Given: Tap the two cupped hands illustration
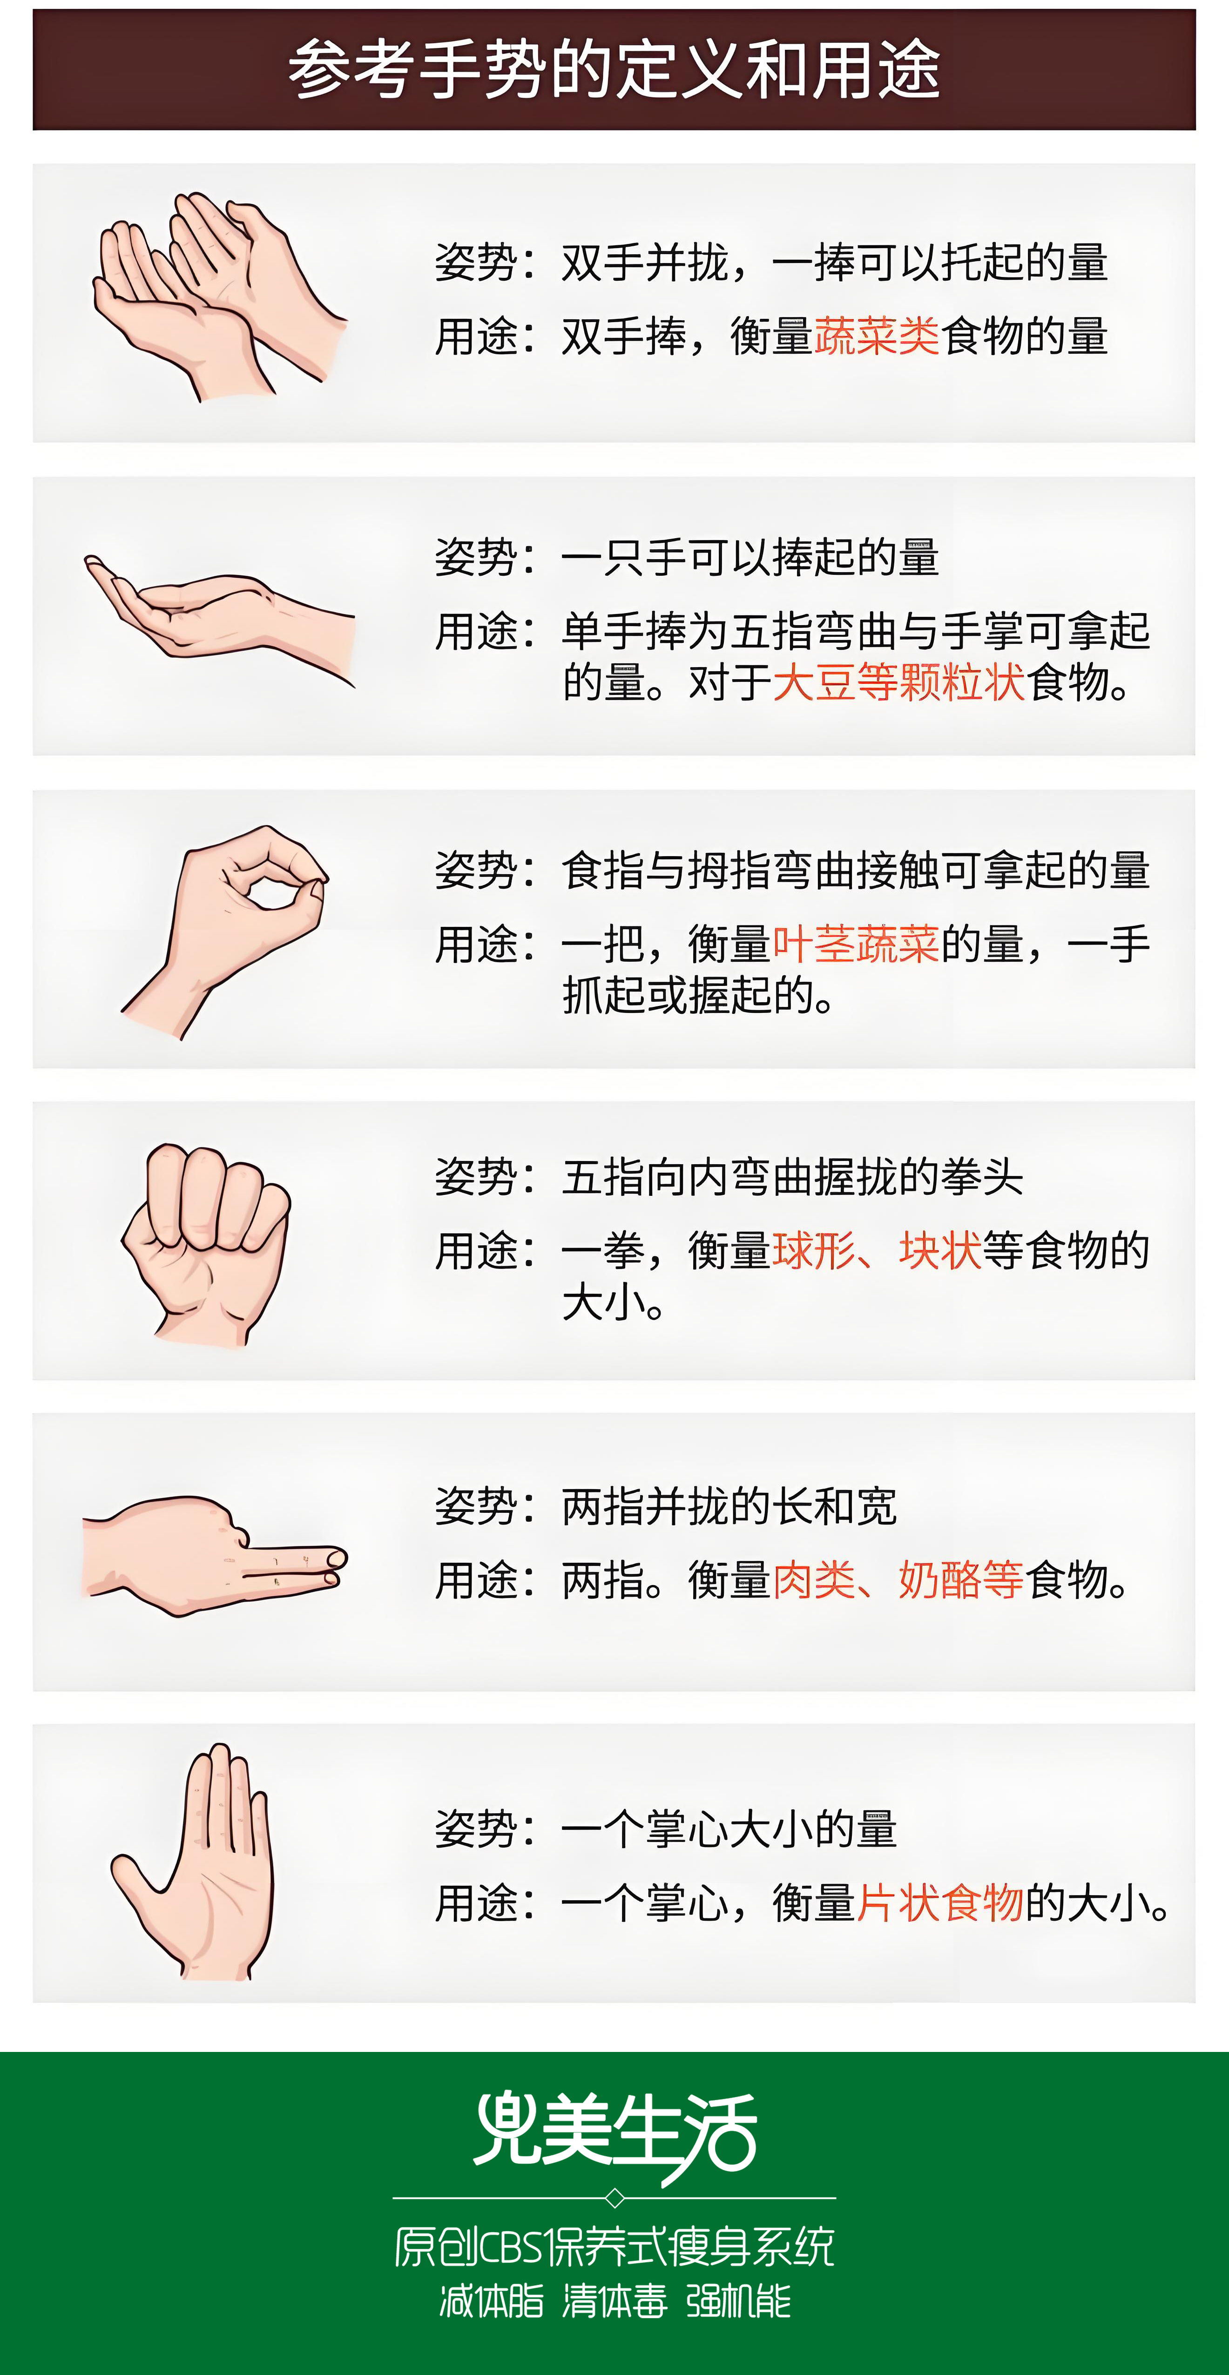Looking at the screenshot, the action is click(219, 297).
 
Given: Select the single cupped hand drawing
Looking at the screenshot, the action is click(219, 619).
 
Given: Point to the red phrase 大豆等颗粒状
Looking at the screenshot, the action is click(899, 682).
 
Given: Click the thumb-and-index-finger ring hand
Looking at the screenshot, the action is click(226, 932).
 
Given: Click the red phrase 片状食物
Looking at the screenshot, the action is click(940, 1902).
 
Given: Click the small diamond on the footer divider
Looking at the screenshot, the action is click(615, 2199).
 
